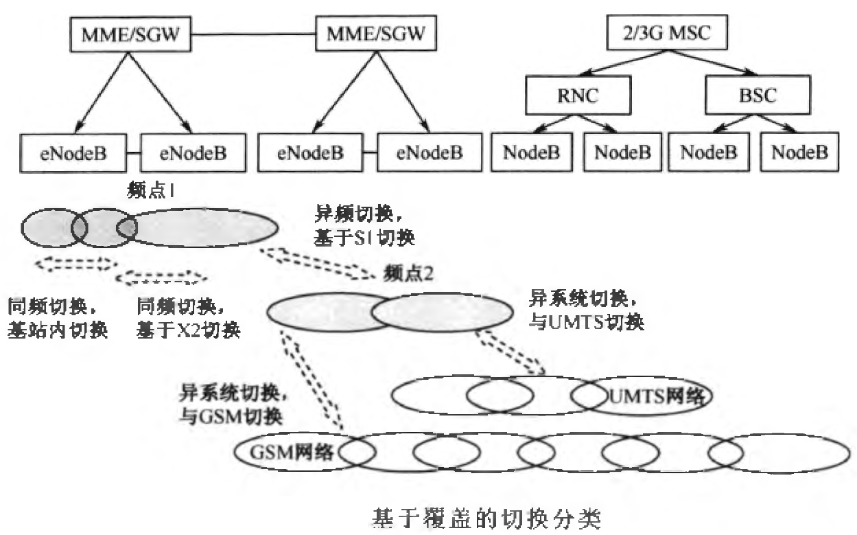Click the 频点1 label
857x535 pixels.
[x=149, y=190]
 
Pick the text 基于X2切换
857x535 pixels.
[x=188, y=330]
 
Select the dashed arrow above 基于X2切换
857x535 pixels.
[x=161, y=278]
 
